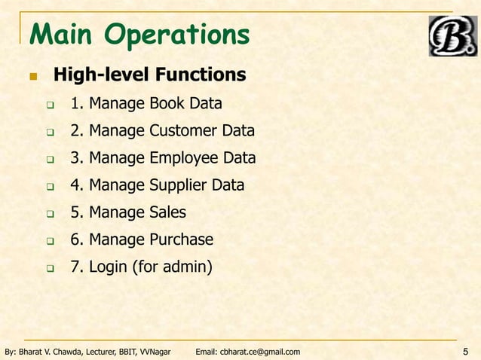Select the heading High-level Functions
coord(149,75)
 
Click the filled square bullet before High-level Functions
coord(33,77)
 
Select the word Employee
coord(185,158)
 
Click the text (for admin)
coord(172,267)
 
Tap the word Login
coord(108,267)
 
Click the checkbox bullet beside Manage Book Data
coord(51,105)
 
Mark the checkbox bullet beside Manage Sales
coord(51,214)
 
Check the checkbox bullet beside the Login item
coord(51,268)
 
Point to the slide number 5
coord(465,351)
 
